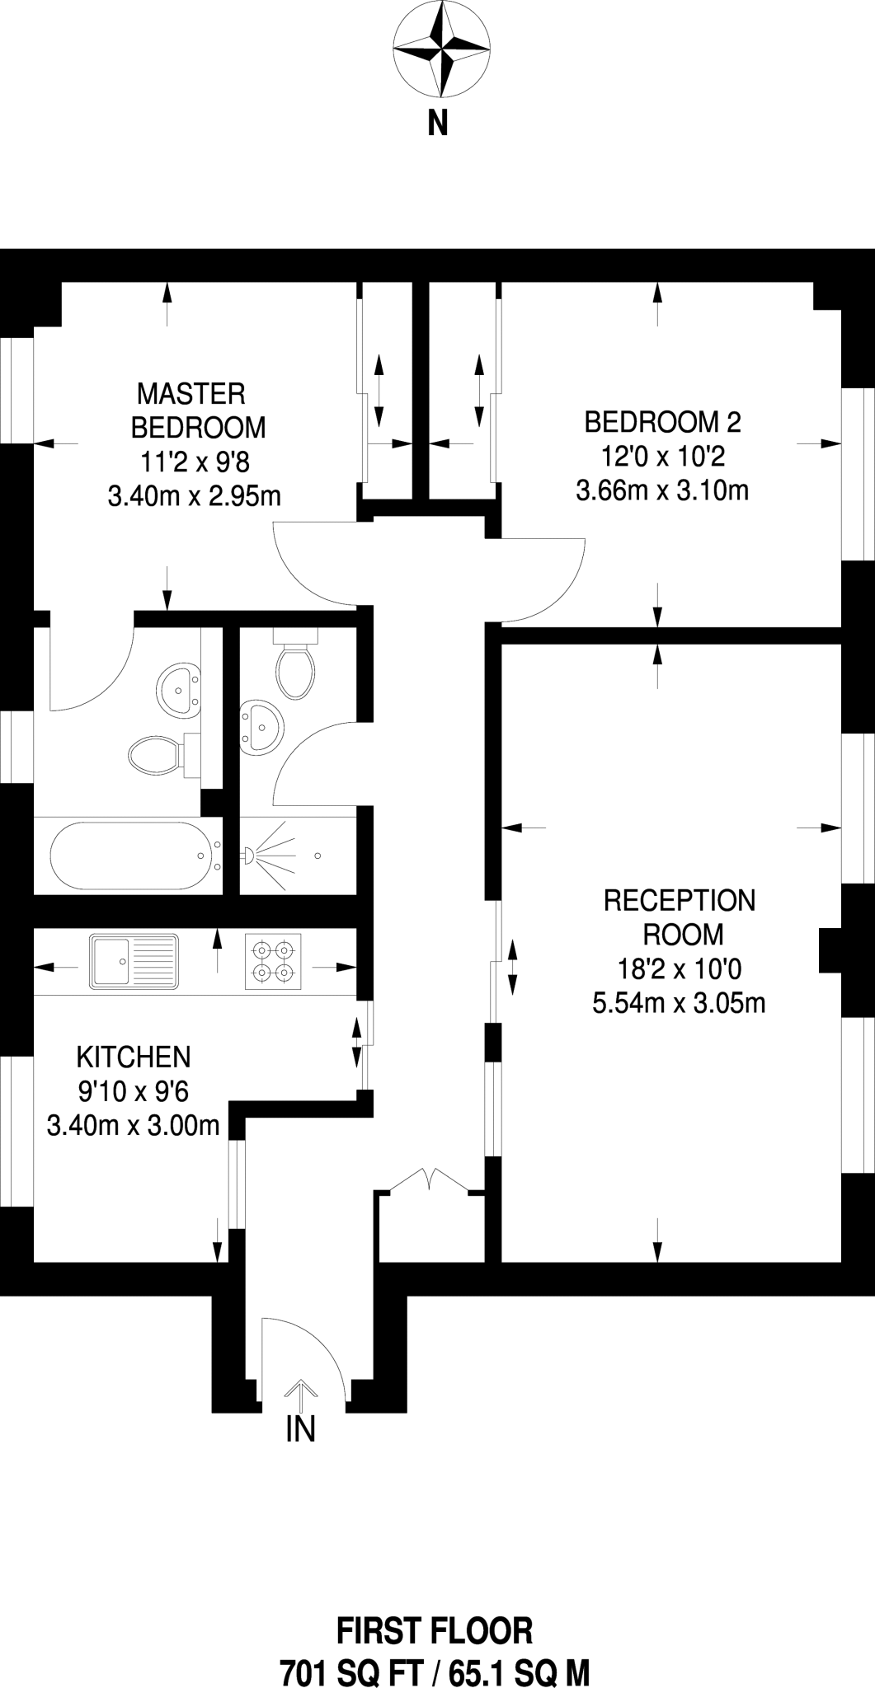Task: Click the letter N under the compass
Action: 438,124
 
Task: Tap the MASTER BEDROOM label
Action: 198,410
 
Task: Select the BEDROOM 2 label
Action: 662,422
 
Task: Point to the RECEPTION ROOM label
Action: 680,917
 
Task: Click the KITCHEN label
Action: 134,1056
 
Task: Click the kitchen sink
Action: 134,961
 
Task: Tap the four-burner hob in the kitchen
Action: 273,961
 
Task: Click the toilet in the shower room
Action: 295,664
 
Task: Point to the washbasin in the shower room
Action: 261,726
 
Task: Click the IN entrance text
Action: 301,1428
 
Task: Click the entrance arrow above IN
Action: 301,1395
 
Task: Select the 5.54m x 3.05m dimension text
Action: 680,1003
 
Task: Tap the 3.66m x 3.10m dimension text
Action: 662,490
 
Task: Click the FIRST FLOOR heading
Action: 435,1608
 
